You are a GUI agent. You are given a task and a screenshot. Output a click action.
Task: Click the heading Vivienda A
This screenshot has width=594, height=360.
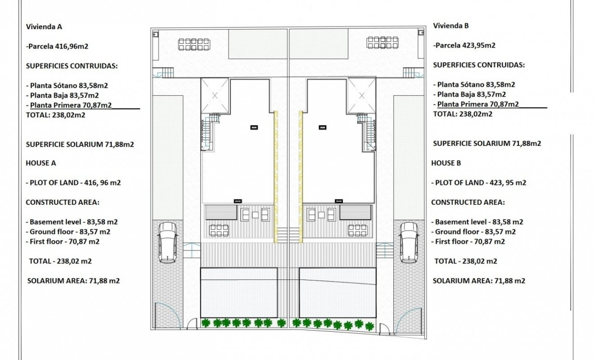44,26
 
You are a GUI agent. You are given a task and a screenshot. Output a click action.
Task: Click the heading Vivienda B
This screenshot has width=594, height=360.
451,26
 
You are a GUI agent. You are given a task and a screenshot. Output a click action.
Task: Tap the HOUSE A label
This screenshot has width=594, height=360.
40,163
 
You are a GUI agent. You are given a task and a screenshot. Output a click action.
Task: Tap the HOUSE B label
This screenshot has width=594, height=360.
446,163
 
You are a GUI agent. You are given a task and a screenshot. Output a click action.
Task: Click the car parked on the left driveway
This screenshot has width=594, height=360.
168,242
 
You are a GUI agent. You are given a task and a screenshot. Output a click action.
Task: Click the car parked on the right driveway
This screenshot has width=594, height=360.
409,242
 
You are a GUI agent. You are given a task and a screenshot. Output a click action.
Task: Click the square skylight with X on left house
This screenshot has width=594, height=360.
215,95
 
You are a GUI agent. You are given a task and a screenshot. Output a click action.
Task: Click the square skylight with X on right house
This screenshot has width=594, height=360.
361,95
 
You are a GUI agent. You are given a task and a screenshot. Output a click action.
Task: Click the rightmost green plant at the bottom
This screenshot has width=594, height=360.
369,326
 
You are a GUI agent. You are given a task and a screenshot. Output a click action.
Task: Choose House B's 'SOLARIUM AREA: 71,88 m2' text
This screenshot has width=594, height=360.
479,280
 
